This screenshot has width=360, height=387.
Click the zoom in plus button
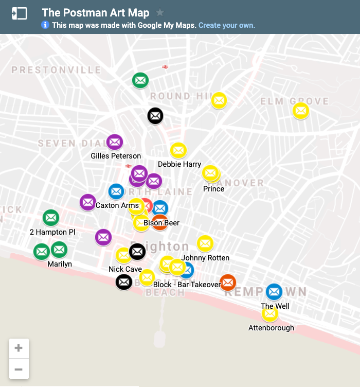(19, 348)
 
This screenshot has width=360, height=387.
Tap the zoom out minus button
(19, 369)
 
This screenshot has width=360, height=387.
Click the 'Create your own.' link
(227, 25)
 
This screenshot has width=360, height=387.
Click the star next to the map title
(160, 12)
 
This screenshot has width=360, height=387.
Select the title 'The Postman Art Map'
(96, 13)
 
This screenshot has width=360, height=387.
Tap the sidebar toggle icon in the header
(19, 13)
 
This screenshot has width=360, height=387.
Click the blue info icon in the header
(45, 25)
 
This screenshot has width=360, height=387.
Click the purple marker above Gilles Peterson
(114, 142)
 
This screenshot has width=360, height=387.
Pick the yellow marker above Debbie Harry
(178, 150)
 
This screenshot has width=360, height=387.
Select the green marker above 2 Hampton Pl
(50, 218)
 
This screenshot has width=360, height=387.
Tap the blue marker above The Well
(274, 292)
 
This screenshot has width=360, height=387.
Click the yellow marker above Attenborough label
(269, 313)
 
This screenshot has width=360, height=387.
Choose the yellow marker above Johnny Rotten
(205, 243)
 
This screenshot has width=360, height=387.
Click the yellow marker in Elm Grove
(300, 110)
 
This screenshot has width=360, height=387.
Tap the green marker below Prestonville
(140, 80)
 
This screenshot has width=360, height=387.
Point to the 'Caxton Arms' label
(117, 205)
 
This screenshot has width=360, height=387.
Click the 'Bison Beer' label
(161, 223)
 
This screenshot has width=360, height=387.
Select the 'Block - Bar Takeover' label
(187, 285)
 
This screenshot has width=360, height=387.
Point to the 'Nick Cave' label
(125, 269)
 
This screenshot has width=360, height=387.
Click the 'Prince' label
(213, 189)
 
